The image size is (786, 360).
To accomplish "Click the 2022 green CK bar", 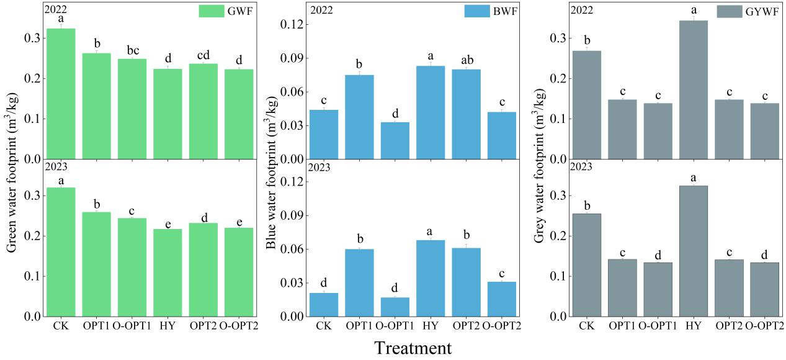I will [x=61, y=93].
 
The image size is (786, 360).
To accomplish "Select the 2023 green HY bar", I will [x=167, y=272].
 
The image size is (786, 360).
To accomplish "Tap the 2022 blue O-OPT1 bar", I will [x=395, y=140].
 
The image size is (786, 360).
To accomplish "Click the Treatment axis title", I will [x=413, y=348].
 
